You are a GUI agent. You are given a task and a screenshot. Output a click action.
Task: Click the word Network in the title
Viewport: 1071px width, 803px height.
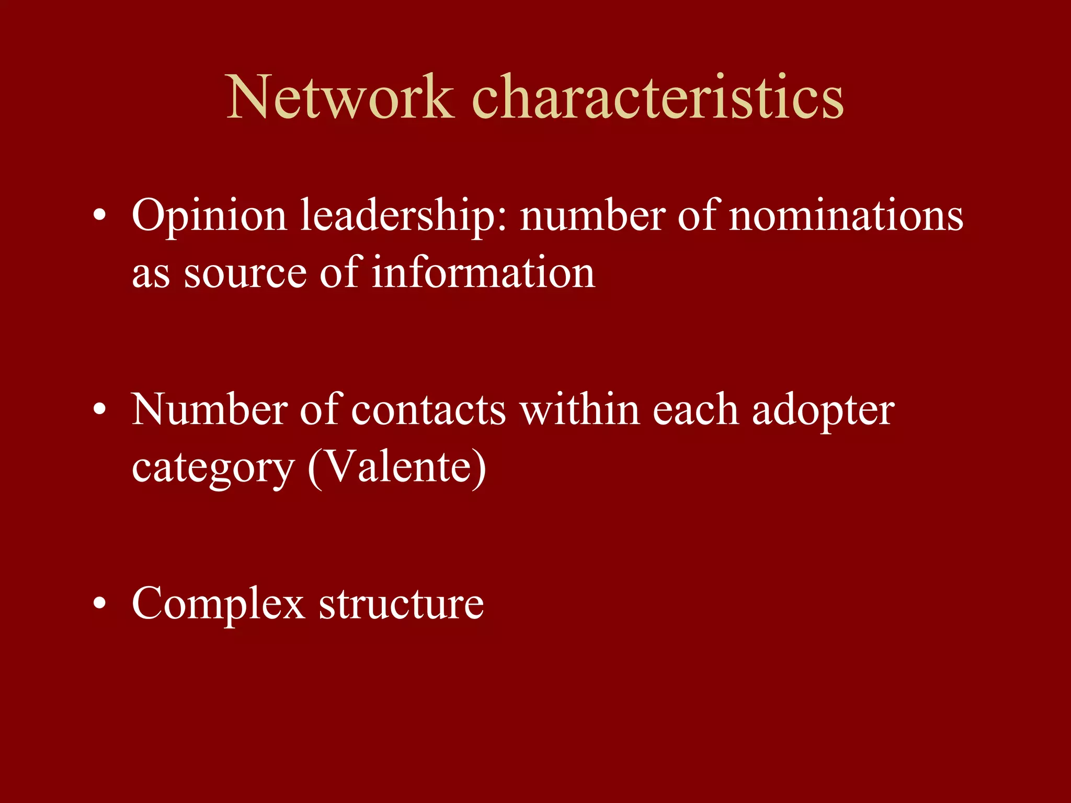pyautogui.click(x=340, y=97)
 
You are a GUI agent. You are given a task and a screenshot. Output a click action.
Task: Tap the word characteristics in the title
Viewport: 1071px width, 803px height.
pyautogui.click(x=658, y=97)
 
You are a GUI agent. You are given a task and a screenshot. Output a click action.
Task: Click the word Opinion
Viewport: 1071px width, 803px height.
pyautogui.click(x=209, y=216)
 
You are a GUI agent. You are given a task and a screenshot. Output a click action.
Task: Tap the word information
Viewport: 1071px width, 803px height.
pyautogui.click(x=483, y=273)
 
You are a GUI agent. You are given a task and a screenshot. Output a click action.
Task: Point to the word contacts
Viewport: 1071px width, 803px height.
pyautogui.click(x=428, y=410)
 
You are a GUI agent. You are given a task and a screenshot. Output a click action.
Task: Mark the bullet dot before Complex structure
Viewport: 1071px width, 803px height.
pyautogui.click(x=99, y=604)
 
